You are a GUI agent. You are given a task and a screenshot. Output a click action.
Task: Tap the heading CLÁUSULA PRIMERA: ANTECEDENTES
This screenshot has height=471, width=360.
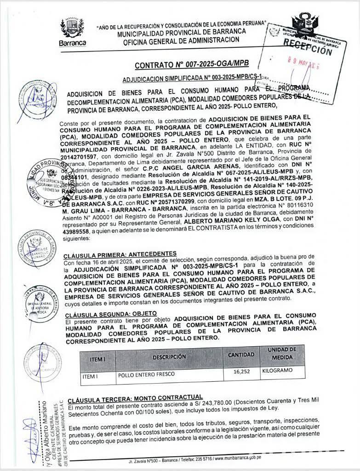coord(121,253)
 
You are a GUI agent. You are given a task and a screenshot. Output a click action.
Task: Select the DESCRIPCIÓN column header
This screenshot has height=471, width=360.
coord(169,357)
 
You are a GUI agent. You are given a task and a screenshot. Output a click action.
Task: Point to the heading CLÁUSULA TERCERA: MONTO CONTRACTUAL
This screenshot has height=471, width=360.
coord(135,397)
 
